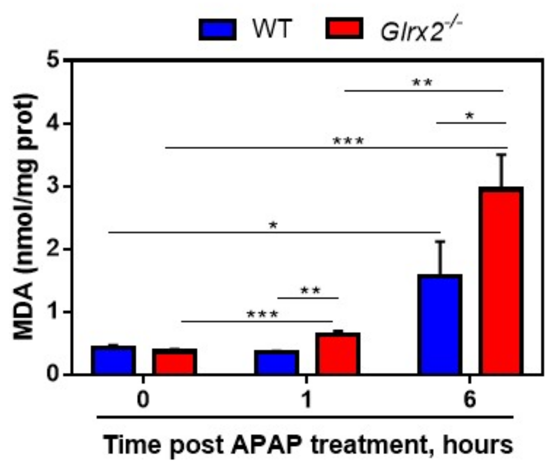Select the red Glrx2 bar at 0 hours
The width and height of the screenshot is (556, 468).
(x=174, y=362)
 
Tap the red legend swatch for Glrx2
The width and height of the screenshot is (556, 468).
(x=344, y=29)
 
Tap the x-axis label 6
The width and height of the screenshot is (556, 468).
(x=470, y=399)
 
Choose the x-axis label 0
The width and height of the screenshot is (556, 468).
(x=143, y=399)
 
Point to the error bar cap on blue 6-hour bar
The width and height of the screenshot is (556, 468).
(x=440, y=241)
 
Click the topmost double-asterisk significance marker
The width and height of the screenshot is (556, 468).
(x=422, y=83)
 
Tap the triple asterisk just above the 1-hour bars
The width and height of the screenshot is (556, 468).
(x=262, y=314)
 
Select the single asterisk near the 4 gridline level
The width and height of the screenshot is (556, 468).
(x=470, y=116)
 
